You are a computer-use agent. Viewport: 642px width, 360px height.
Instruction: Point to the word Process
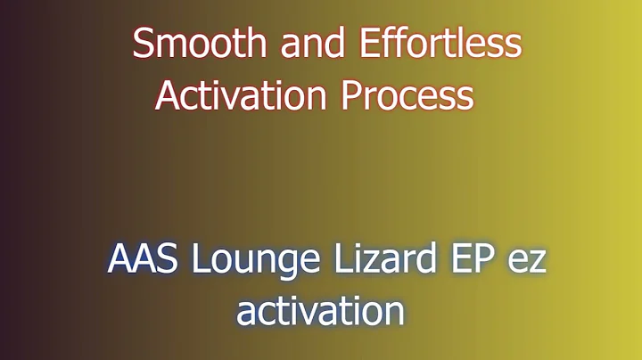point(407,94)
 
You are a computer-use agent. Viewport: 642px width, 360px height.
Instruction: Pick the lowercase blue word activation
point(320,311)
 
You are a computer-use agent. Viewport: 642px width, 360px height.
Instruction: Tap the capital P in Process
point(351,94)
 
